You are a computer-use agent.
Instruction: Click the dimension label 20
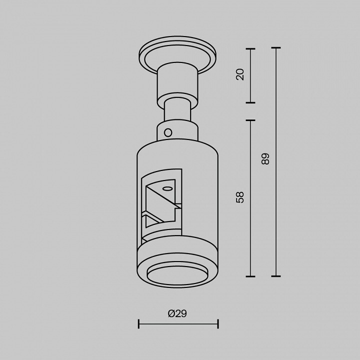240,74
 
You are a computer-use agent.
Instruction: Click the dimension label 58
240,197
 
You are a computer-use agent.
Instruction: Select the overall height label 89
265,158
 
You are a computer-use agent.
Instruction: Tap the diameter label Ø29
177,313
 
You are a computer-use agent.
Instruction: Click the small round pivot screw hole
168,132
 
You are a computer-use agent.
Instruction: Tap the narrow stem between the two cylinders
177,109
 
